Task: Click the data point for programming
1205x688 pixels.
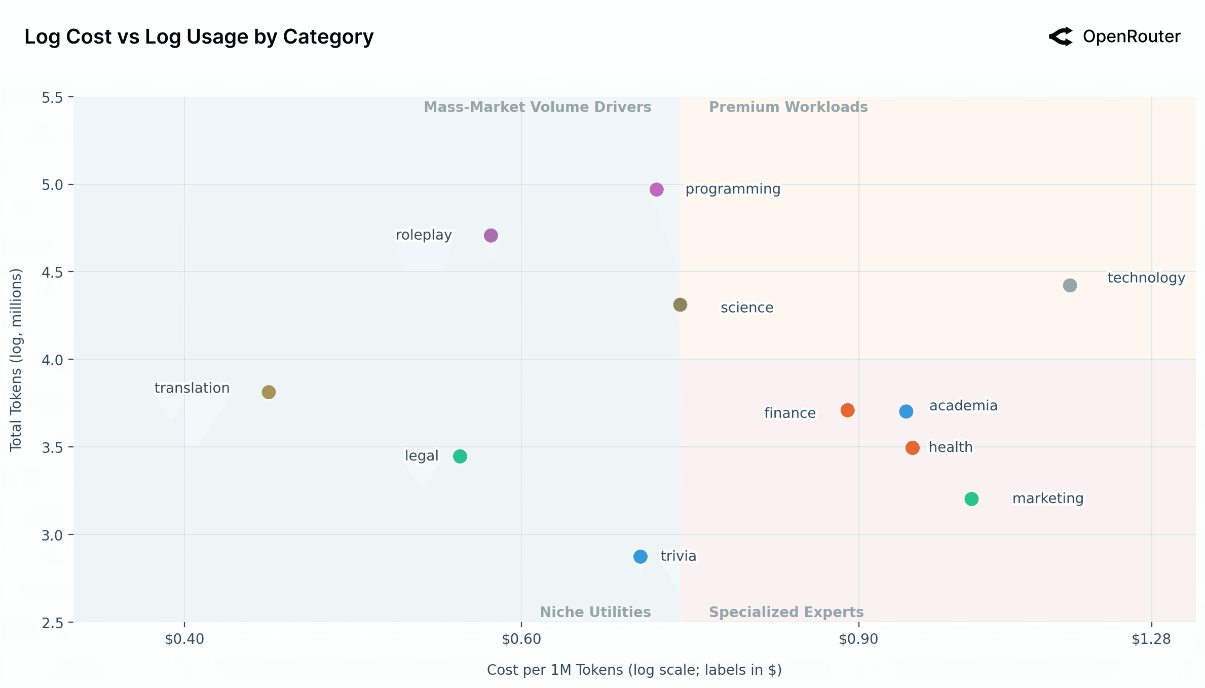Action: click(656, 189)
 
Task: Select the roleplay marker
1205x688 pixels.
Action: click(491, 236)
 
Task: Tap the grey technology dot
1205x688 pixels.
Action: click(1070, 285)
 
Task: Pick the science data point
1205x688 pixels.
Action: click(680, 305)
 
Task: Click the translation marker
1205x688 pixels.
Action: click(269, 392)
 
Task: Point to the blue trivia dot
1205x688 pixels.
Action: click(641, 557)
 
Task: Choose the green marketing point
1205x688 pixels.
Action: click(971, 499)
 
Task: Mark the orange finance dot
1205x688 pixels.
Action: click(847, 410)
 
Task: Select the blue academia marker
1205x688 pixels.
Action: click(906, 411)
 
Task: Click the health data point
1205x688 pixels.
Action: click(912, 448)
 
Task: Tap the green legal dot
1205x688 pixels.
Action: click(460, 456)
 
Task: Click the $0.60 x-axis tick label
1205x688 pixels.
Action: click(521, 639)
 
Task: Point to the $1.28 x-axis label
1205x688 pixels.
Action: click(1151, 639)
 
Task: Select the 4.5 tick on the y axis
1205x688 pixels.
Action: click(52, 273)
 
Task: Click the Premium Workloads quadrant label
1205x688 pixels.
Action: click(788, 107)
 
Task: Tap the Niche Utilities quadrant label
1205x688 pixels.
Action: click(595, 612)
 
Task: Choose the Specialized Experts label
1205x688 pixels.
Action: click(786, 612)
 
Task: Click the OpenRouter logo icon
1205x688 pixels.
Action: click(1061, 36)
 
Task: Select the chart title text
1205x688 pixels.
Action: click(199, 36)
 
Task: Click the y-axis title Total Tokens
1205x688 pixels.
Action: click(16, 359)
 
